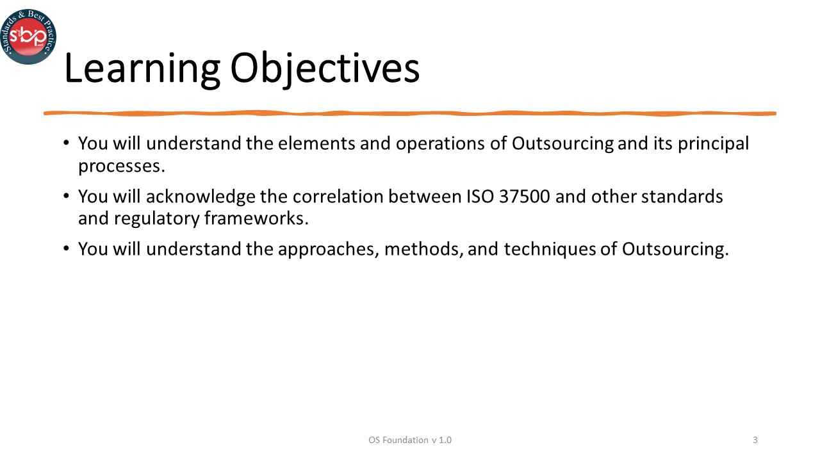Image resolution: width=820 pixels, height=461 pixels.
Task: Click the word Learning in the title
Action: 142,69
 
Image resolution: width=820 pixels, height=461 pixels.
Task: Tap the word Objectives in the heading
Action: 325,69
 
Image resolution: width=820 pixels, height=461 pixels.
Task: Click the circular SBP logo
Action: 28,36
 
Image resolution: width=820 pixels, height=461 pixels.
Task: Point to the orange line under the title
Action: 410,113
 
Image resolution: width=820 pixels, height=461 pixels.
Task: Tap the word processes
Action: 122,166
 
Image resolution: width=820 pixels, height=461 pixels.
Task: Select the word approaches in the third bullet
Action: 329,249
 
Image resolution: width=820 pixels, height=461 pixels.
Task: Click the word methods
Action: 424,249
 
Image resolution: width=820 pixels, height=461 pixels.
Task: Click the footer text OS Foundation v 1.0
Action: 410,440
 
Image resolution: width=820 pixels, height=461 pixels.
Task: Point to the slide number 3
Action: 755,440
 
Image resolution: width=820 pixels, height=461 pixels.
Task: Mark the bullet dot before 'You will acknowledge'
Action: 67,195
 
